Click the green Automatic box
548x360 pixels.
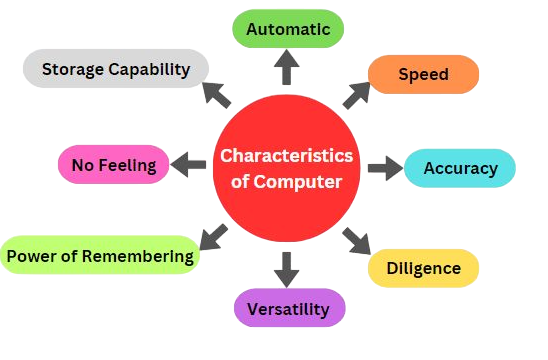(287, 30)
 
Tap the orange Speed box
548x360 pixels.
(423, 74)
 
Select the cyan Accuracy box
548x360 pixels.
(460, 168)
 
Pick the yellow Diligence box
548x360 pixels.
(424, 268)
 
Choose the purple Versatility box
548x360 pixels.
(288, 309)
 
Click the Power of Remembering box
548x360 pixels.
(100, 256)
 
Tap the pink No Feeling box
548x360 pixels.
(113, 165)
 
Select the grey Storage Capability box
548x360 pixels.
(115, 69)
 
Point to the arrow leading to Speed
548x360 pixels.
(356, 93)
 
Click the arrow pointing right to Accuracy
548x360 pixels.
(382, 168)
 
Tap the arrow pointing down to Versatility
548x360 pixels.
(287, 268)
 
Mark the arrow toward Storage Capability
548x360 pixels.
(217, 93)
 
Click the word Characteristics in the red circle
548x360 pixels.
(287, 156)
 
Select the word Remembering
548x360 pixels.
(139, 256)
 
